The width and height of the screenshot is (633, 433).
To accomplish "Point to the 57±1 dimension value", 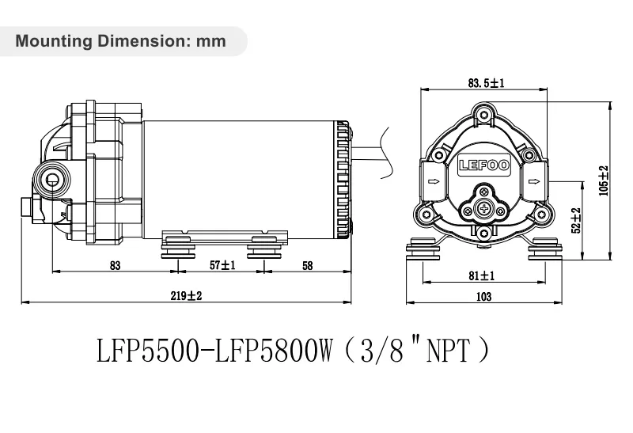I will point(222,266).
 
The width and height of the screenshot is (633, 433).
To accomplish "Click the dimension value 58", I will point(307,266).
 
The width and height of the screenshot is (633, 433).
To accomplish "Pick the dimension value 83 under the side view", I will point(115,266).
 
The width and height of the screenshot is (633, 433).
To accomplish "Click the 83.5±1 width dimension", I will point(486,82).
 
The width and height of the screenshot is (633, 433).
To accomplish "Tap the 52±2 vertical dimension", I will point(576,221).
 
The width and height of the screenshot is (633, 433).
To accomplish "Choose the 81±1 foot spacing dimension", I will point(482,275).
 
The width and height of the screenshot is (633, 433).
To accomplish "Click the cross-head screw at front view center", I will point(485,209).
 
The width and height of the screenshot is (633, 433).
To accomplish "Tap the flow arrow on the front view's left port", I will point(434,182).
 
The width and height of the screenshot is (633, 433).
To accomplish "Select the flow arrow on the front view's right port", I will point(535,182).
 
